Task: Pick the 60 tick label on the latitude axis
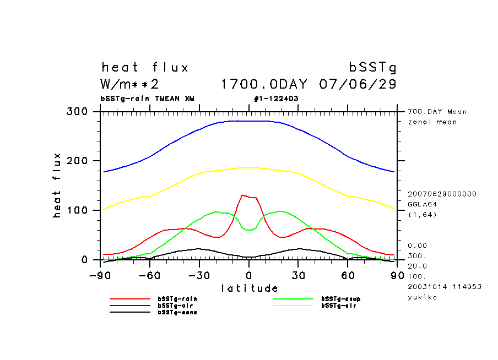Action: click(x=348, y=275)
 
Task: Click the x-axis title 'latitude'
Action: click(x=250, y=288)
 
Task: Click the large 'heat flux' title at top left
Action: click(x=145, y=68)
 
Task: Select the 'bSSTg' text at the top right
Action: click(x=373, y=68)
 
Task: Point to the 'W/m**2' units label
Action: click(x=130, y=85)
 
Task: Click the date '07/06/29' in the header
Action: click(x=358, y=85)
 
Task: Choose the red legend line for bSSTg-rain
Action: click(x=130, y=299)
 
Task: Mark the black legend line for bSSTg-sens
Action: click(x=130, y=312)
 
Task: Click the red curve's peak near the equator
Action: click(x=242, y=195)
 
